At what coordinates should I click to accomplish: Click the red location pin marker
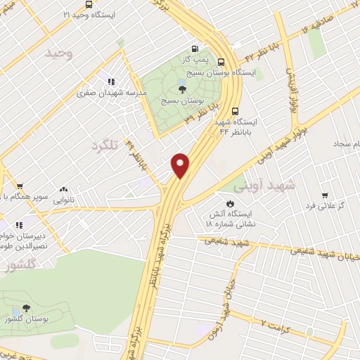181,165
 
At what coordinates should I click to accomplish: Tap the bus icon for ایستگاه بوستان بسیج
222,62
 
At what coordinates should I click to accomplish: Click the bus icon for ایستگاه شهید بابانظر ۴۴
235,110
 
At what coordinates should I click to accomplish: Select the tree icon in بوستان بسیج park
182,89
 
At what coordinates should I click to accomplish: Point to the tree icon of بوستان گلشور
26,309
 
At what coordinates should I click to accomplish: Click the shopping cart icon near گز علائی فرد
325,195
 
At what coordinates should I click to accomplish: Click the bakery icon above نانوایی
63,189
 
